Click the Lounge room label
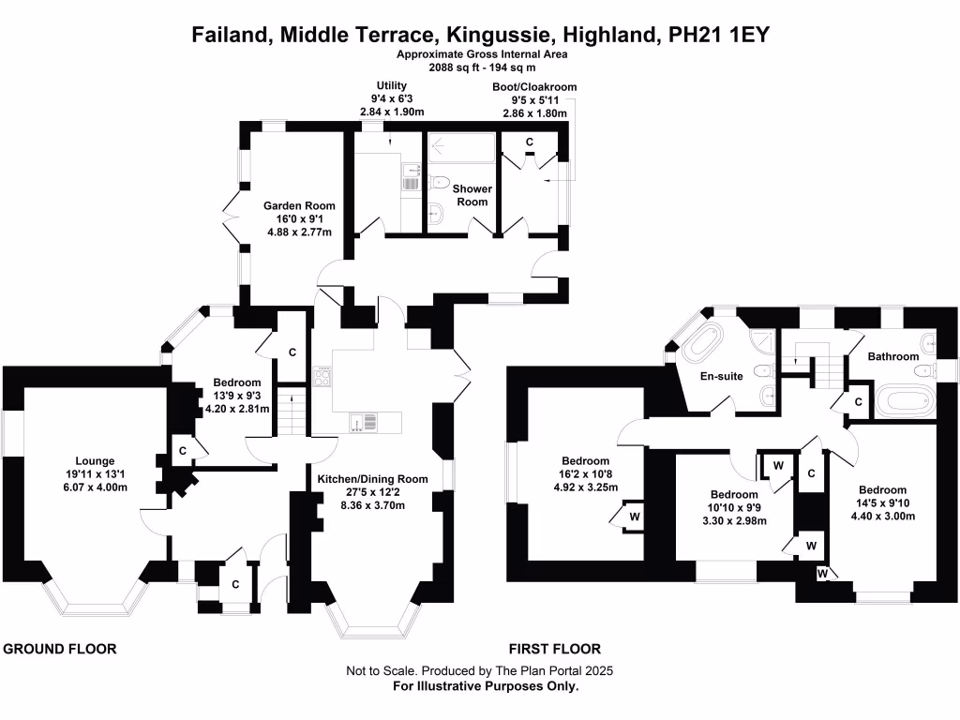point(95,461)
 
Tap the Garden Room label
point(299,205)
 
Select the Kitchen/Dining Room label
point(372,479)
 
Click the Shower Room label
point(472,195)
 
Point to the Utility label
point(391,85)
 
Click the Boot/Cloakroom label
point(534,87)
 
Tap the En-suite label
point(721,376)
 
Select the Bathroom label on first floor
point(893,356)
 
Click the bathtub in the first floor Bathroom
point(906,400)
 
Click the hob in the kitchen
point(322,377)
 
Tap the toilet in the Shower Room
point(439,182)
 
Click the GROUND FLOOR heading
point(60,649)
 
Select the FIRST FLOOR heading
point(555,649)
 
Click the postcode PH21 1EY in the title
point(719,35)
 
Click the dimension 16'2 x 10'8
point(585,473)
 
